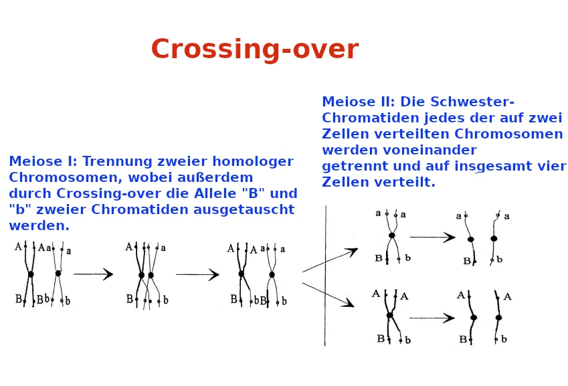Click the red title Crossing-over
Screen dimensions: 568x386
point(255,50)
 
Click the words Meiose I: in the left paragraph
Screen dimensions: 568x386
point(43,161)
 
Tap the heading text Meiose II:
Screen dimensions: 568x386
point(358,102)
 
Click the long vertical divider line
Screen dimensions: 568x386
point(325,276)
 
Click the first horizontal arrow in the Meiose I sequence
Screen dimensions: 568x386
point(93,274)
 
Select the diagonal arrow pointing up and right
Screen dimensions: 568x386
point(330,260)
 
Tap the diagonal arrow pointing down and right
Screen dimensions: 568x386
point(328,295)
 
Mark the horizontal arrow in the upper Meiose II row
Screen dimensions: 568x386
point(432,237)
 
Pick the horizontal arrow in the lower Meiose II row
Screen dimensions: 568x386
point(432,318)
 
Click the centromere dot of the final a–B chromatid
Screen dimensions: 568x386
point(470,239)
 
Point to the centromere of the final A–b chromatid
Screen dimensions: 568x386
point(498,318)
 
